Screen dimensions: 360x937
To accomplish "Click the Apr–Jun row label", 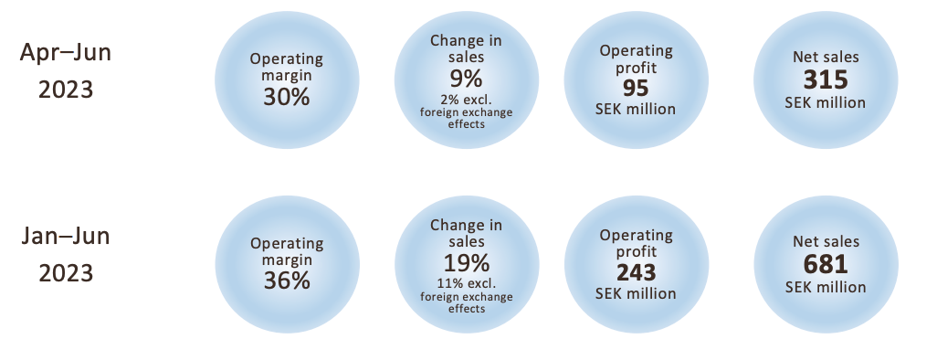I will click(x=66, y=53).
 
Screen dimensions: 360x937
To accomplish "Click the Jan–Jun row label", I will click(x=66, y=237).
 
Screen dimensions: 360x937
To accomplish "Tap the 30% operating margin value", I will click(x=286, y=97).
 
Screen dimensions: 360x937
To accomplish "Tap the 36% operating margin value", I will click(x=286, y=281).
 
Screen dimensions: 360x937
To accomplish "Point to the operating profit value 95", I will click(x=636, y=89).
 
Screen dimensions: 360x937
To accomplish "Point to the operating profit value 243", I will click(x=636, y=272).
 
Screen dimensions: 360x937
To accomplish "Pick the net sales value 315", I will click(x=826, y=81).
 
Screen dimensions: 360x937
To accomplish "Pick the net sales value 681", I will click(x=826, y=265).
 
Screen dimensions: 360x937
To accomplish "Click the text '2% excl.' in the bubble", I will click(x=466, y=100).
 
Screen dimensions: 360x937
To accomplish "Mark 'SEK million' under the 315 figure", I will click(x=826, y=102).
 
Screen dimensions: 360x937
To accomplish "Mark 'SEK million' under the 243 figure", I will click(x=636, y=293).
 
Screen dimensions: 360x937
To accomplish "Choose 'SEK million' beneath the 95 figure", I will click(x=636, y=110).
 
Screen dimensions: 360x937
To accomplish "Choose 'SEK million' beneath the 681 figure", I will click(x=826, y=286).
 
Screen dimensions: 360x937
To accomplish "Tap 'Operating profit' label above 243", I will click(x=636, y=242).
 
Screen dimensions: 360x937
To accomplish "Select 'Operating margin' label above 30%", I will click(x=286, y=67).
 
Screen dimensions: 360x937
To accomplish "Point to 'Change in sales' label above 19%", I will click(x=466, y=232).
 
